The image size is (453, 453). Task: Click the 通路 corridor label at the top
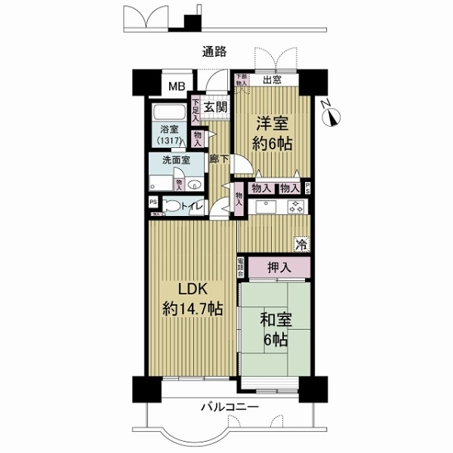click(x=214, y=52)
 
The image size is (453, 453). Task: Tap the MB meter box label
click(x=176, y=86)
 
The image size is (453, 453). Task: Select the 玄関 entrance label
click(x=216, y=107)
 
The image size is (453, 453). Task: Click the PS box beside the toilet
click(x=153, y=202)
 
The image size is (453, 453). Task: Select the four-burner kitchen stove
click(x=295, y=206)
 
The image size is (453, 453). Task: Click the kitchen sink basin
click(x=267, y=206)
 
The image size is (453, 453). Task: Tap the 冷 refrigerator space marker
click(x=301, y=243)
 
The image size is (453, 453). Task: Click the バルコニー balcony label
click(x=230, y=407)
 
